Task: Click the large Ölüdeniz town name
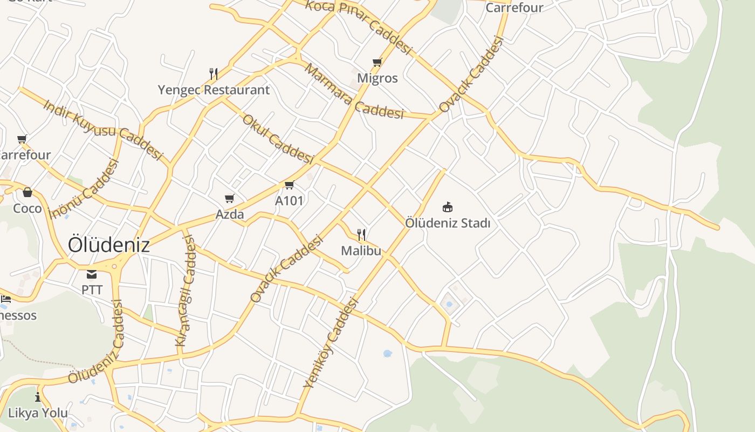[x=109, y=245]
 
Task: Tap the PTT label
[x=92, y=289]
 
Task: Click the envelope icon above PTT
[x=92, y=274]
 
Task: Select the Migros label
[x=377, y=78]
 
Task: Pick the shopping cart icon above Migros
[x=377, y=62]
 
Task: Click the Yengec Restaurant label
[x=214, y=90]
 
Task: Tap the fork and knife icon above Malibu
[x=361, y=235]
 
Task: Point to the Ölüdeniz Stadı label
[x=447, y=222]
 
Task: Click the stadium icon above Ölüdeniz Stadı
[x=447, y=207]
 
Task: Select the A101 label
[x=289, y=201]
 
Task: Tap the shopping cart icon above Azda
[x=230, y=199]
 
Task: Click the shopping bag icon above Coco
[x=28, y=192]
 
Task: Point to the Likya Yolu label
[x=38, y=413]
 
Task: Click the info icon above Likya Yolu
[x=38, y=397]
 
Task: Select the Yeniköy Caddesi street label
[x=331, y=343]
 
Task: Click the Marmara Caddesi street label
[x=354, y=91]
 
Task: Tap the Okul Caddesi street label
[x=278, y=139]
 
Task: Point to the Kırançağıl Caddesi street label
[x=186, y=292]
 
